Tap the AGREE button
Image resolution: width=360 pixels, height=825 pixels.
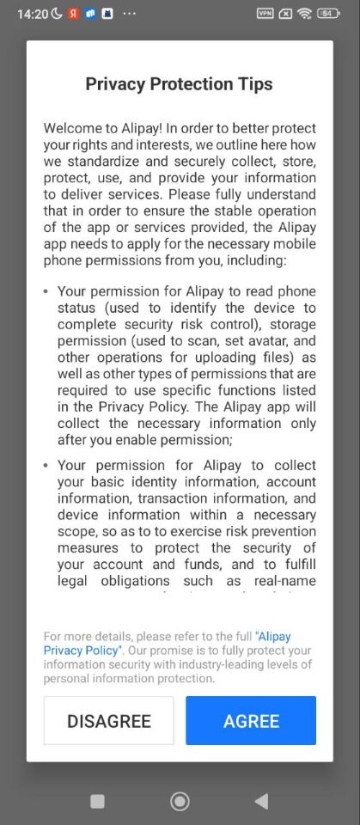click(x=251, y=720)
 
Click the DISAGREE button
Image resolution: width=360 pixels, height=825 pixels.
click(x=109, y=720)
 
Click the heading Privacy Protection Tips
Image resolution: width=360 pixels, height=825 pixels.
click(x=179, y=83)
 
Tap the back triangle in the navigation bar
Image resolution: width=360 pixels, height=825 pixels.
click(x=261, y=801)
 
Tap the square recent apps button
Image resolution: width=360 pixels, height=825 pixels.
click(x=97, y=801)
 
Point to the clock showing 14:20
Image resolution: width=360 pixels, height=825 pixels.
click(x=33, y=14)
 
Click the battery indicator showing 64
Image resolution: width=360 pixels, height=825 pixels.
click(x=328, y=14)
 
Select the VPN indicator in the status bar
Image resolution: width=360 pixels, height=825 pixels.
click(x=265, y=14)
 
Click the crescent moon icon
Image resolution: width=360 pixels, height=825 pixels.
click(x=57, y=14)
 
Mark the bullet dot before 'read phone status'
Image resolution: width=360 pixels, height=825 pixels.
click(x=46, y=292)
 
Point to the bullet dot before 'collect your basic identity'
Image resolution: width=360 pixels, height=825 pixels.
click(x=46, y=466)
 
